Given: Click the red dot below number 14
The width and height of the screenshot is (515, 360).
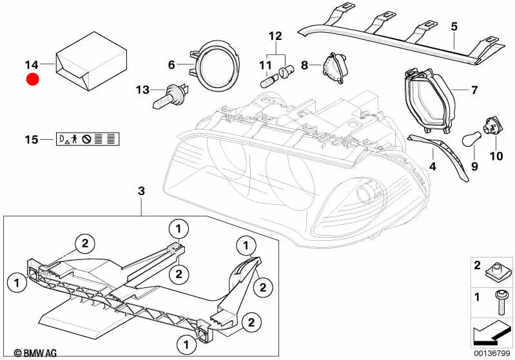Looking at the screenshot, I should (x=32, y=80).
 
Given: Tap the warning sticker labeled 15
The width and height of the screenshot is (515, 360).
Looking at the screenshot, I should (x=90, y=139).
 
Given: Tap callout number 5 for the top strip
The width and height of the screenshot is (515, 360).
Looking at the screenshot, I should (x=454, y=26).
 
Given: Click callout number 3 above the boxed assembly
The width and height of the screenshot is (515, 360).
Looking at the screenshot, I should (x=142, y=191).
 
